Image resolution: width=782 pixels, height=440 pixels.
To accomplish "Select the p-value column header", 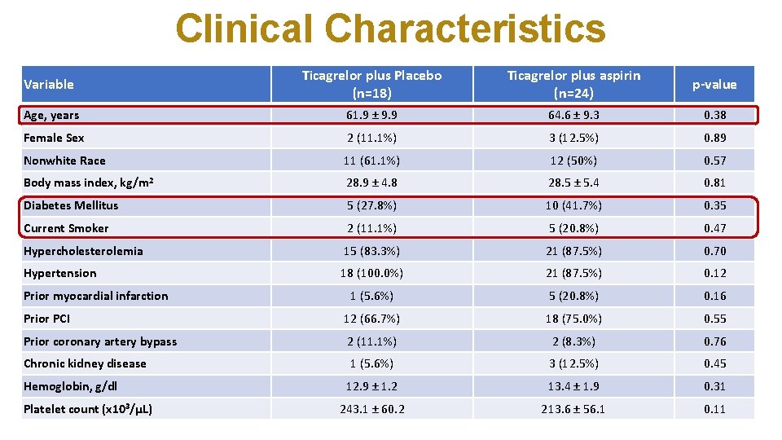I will [x=714, y=84].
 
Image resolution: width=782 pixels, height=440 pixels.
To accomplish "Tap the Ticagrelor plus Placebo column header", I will [x=371, y=84].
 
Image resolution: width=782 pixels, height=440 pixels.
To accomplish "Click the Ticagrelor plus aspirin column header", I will [x=573, y=84].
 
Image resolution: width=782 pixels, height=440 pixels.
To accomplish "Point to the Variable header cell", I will [x=49, y=84].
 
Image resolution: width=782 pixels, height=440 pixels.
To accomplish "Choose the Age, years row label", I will [x=51, y=116].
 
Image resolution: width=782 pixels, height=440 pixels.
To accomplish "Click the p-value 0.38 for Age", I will [x=714, y=116].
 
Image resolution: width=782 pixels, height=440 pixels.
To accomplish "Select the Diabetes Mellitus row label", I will [x=71, y=205].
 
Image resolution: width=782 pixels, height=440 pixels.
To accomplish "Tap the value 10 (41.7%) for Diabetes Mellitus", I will [x=573, y=205].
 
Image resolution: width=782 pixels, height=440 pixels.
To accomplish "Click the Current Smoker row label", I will [x=66, y=228].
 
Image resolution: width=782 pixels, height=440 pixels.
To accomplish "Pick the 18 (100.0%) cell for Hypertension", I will [x=371, y=273].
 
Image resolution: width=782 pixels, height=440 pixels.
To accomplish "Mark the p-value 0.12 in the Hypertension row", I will [x=714, y=273].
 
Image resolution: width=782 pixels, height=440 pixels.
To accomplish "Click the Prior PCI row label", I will [x=46, y=319].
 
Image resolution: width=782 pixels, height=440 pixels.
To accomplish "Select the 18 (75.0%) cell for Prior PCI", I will [x=573, y=319].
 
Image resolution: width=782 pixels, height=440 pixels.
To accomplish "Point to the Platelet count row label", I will [x=88, y=409].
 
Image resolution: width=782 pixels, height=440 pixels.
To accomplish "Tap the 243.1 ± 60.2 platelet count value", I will [x=371, y=409].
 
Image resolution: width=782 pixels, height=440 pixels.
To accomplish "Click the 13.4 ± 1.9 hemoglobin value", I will [x=573, y=386].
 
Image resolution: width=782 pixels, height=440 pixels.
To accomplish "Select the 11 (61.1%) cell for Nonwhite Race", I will [x=371, y=161].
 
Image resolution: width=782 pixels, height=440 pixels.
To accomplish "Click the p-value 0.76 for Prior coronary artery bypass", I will [x=714, y=341].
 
